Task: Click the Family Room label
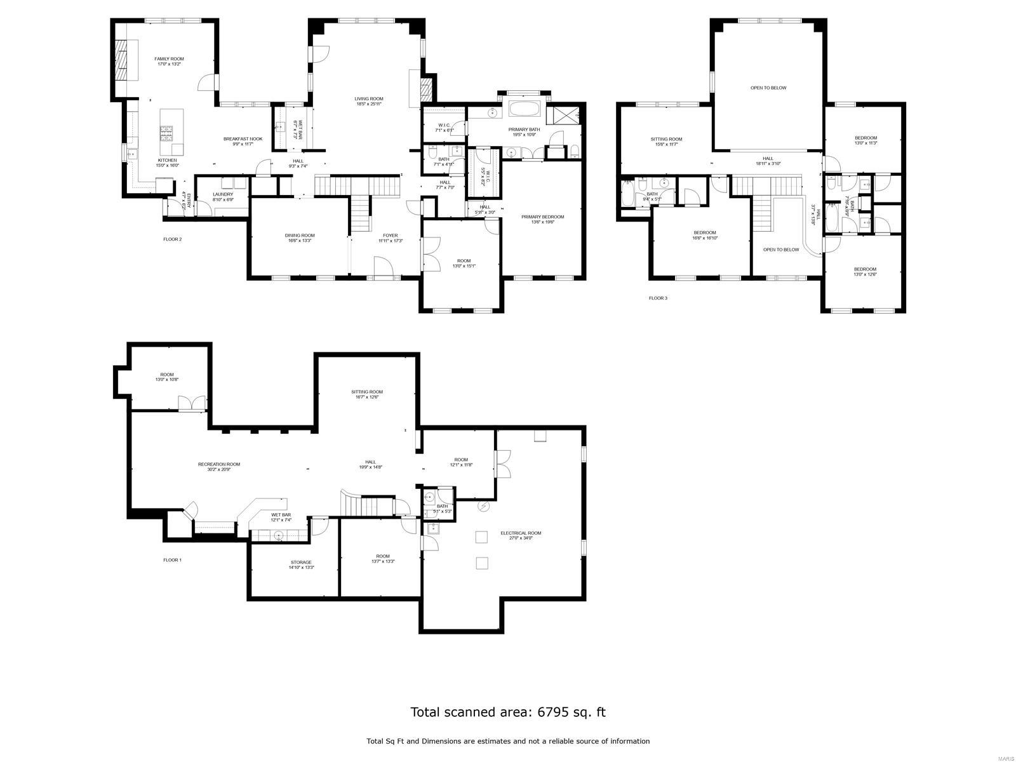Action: click(169, 59)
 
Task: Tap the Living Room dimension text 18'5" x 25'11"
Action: click(368, 104)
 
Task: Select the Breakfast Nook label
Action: click(243, 139)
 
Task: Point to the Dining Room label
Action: click(300, 236)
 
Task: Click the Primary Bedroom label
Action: click(542, 217)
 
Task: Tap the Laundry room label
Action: click(223, 194)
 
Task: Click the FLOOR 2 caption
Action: click(172, 239)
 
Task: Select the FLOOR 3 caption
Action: click(658, 298)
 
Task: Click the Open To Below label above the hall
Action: click(768, 88)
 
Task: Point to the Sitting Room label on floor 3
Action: click(666, 139)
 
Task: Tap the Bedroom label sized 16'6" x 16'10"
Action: click(705, 232)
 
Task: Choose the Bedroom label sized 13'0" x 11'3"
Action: click(866, 138)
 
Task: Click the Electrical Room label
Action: click(521, 533)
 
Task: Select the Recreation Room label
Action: click(219, 464)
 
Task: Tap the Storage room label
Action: click(301, 562)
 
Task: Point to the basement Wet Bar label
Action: click(281, 514)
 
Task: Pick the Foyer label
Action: click(390, 236)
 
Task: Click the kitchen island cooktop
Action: click(167, 133)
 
